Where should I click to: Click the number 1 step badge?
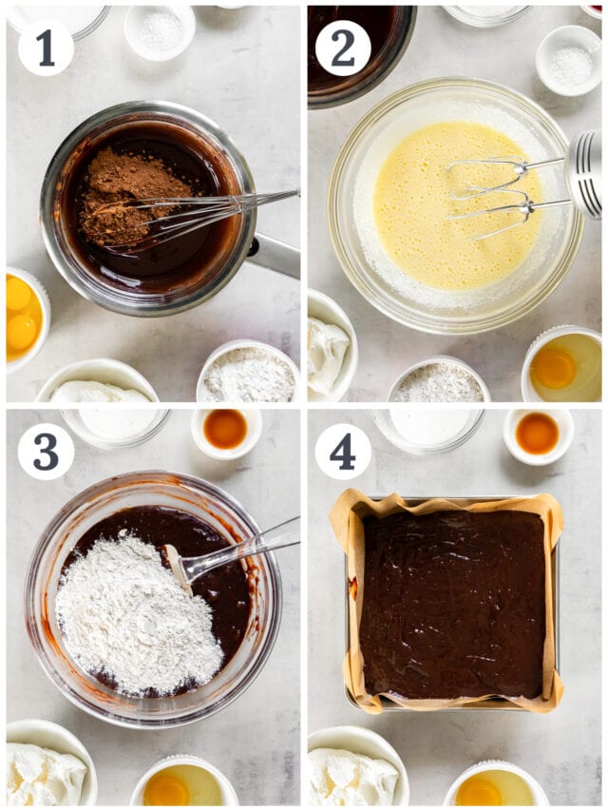tap(45, 48)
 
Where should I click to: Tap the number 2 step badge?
tap(343, 48)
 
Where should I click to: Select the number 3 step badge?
tap(45, 451)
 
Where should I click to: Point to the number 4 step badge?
tap(343, 451)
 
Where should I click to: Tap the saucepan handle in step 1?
tap(275, 255)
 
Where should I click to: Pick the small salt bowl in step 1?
tap(160, 31)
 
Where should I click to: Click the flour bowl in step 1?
tap(248, 374)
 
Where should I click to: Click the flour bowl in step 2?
tap(438, 382)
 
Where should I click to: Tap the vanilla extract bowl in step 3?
tap(226, 430)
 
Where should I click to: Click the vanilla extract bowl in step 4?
tap(538, 434)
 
